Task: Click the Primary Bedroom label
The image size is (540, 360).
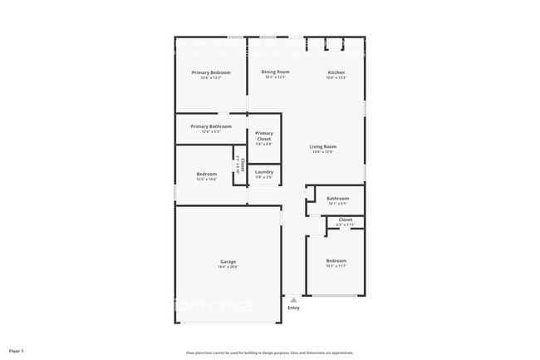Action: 211,73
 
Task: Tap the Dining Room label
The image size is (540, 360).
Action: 276,72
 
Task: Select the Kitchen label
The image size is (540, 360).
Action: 336,72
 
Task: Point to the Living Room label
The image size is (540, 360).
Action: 323,146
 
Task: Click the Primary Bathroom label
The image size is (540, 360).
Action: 211,126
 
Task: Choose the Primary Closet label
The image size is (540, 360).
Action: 264,136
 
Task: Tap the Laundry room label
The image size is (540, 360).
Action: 264,172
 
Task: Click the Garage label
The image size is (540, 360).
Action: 228,261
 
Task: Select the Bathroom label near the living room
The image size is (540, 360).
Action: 337,199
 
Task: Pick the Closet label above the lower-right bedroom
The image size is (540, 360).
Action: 345,219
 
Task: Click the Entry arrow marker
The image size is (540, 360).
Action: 293,299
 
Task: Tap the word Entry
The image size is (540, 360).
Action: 293,308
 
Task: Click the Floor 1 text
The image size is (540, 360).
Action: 17,351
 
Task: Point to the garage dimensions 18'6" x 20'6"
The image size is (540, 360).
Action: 228,267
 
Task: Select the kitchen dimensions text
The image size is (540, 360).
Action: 336,77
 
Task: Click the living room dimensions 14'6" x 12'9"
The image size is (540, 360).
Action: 323,152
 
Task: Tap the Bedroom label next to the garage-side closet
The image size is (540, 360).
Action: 206,174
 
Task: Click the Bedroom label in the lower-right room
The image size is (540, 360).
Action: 336,261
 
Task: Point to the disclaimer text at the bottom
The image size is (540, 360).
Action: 269,352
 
